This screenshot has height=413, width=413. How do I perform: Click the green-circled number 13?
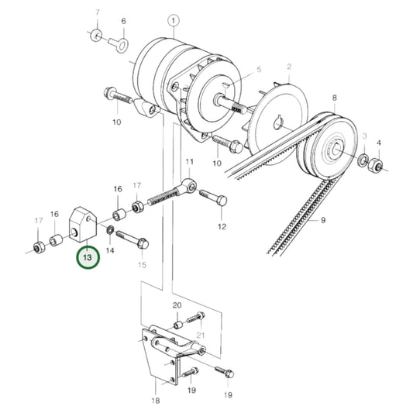88,256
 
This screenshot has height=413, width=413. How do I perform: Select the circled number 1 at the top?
173,21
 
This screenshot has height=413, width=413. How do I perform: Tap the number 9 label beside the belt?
323,221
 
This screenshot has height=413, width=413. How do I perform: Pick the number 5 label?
260,69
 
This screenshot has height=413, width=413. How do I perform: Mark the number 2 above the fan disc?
288,67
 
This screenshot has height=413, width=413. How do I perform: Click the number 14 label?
109,251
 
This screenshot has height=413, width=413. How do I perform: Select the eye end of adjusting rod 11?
190,187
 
